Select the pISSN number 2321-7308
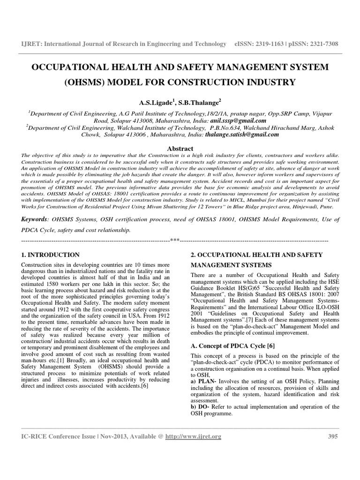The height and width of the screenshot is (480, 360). [x=320, y=44]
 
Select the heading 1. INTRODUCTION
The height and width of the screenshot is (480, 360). [x=51, y=255]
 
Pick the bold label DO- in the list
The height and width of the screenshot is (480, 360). [x=204, y=407]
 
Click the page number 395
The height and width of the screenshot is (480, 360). [x=332, y=436]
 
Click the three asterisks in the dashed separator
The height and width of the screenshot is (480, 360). [x=174, y=240]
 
